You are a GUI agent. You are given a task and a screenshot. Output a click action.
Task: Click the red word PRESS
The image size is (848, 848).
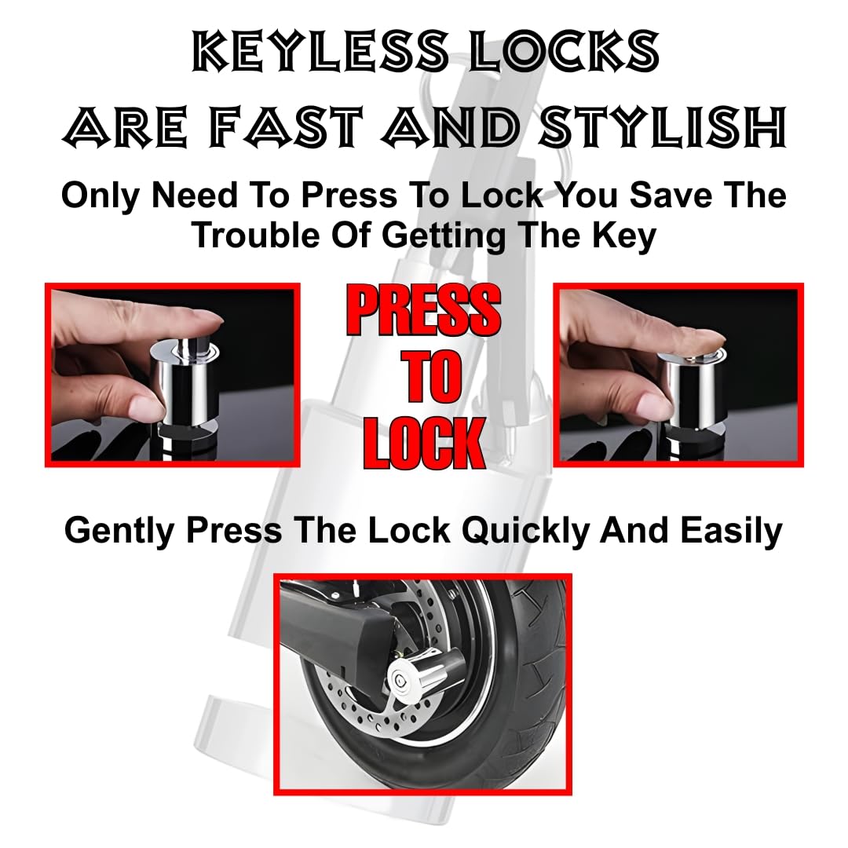424,311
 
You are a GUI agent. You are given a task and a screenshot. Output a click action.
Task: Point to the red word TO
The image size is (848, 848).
424,378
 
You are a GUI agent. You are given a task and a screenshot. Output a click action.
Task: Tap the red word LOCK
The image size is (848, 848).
424,444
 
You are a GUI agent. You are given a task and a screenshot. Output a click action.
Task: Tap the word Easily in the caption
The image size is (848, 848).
731,531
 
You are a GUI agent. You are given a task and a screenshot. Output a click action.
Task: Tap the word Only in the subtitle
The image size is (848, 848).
101,196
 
